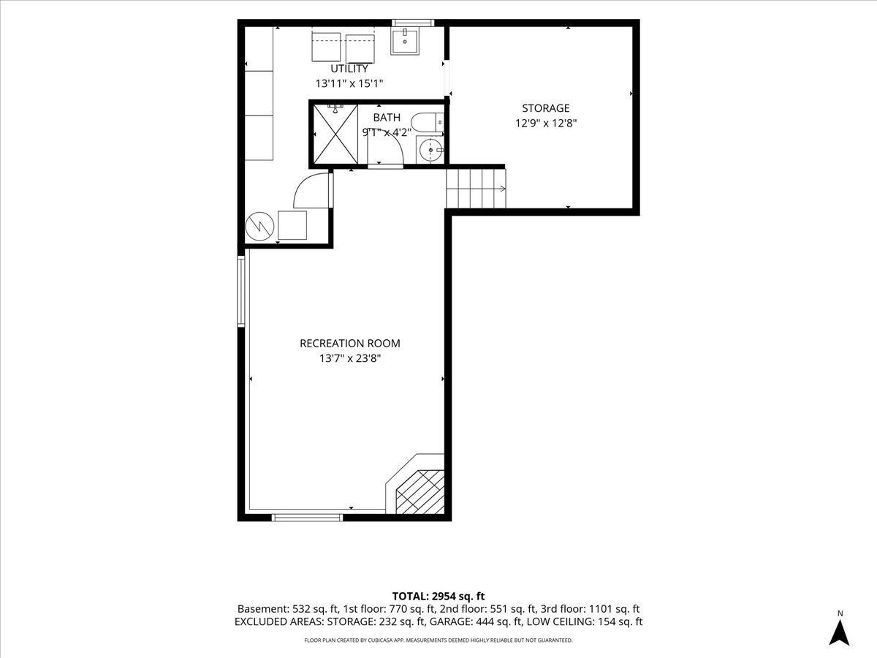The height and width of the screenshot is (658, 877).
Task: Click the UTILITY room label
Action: click(349, 69)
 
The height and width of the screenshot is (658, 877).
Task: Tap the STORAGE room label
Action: click(546, 108)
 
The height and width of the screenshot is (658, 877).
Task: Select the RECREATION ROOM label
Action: click(350, 343)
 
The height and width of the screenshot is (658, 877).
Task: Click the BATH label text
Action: click(387, 118)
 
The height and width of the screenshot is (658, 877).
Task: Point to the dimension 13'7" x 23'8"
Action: click(350, 358)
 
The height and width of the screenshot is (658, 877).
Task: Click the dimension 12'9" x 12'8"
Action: click(546, 123)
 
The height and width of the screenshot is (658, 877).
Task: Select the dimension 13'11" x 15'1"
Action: click(349, 83)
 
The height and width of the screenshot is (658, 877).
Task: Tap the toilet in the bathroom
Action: click(428, 123)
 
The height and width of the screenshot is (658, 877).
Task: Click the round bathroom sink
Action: click(430, 150)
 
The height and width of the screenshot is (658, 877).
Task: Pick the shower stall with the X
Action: click(335, 135)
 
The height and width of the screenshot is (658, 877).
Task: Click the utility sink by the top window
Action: click(405, 41)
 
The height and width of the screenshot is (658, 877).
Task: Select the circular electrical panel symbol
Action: click(259, 226)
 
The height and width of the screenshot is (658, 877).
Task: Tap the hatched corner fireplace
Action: click(419, 492)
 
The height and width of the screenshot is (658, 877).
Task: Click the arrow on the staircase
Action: click(499, 189)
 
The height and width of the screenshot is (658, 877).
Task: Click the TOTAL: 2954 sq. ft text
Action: click(438, 596)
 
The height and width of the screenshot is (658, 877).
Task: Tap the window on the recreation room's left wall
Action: click(241, 291)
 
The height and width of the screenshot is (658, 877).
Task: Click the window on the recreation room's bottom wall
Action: click(307, 518)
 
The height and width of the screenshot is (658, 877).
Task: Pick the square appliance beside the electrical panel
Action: click(292, 225)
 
